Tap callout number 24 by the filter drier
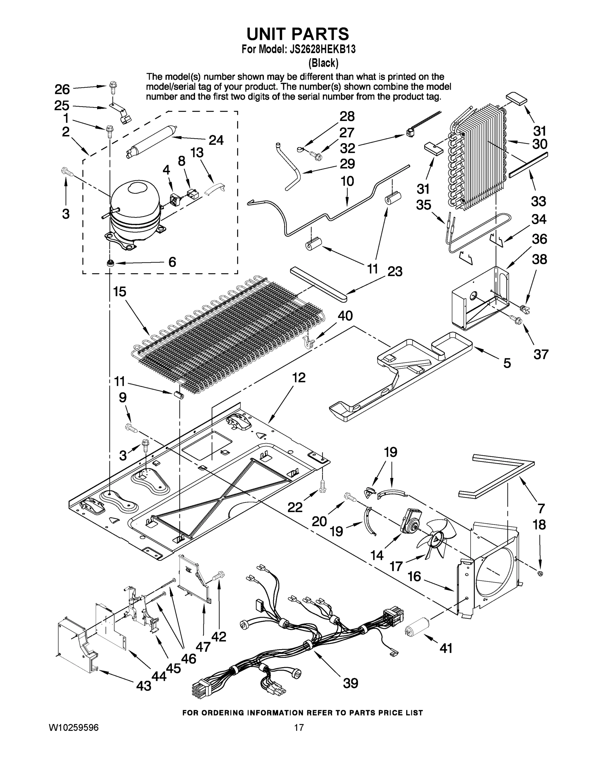point(216,140)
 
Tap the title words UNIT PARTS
point(297,34)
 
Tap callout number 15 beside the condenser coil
point(120,292)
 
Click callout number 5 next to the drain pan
point(507,363)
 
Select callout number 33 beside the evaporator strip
point(538,201)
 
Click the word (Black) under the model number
point(323,63)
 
